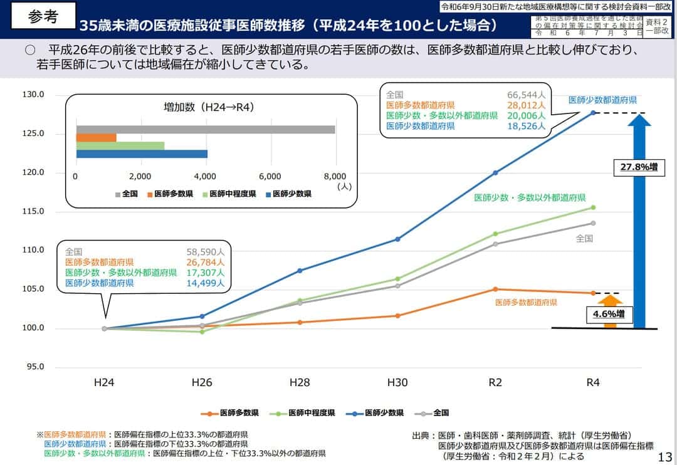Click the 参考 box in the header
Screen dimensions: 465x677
(43, 17)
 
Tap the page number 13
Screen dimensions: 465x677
(666, 456)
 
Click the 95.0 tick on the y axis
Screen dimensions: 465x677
(34, 367)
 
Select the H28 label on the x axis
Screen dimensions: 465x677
(300, 382)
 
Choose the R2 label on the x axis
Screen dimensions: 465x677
(495, 382)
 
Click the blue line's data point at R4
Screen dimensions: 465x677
(593, 113)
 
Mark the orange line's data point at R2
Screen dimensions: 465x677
(495, 289)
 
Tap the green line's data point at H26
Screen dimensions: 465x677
(202, 332)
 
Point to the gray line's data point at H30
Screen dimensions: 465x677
(397, 286)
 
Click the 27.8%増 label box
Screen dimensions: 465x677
(639, 167)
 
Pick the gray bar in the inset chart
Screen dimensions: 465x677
(206, 129)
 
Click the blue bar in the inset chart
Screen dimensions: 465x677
(142, 154)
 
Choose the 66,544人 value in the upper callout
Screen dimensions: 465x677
(527, 95)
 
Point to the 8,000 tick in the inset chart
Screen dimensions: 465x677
(335, 176)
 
